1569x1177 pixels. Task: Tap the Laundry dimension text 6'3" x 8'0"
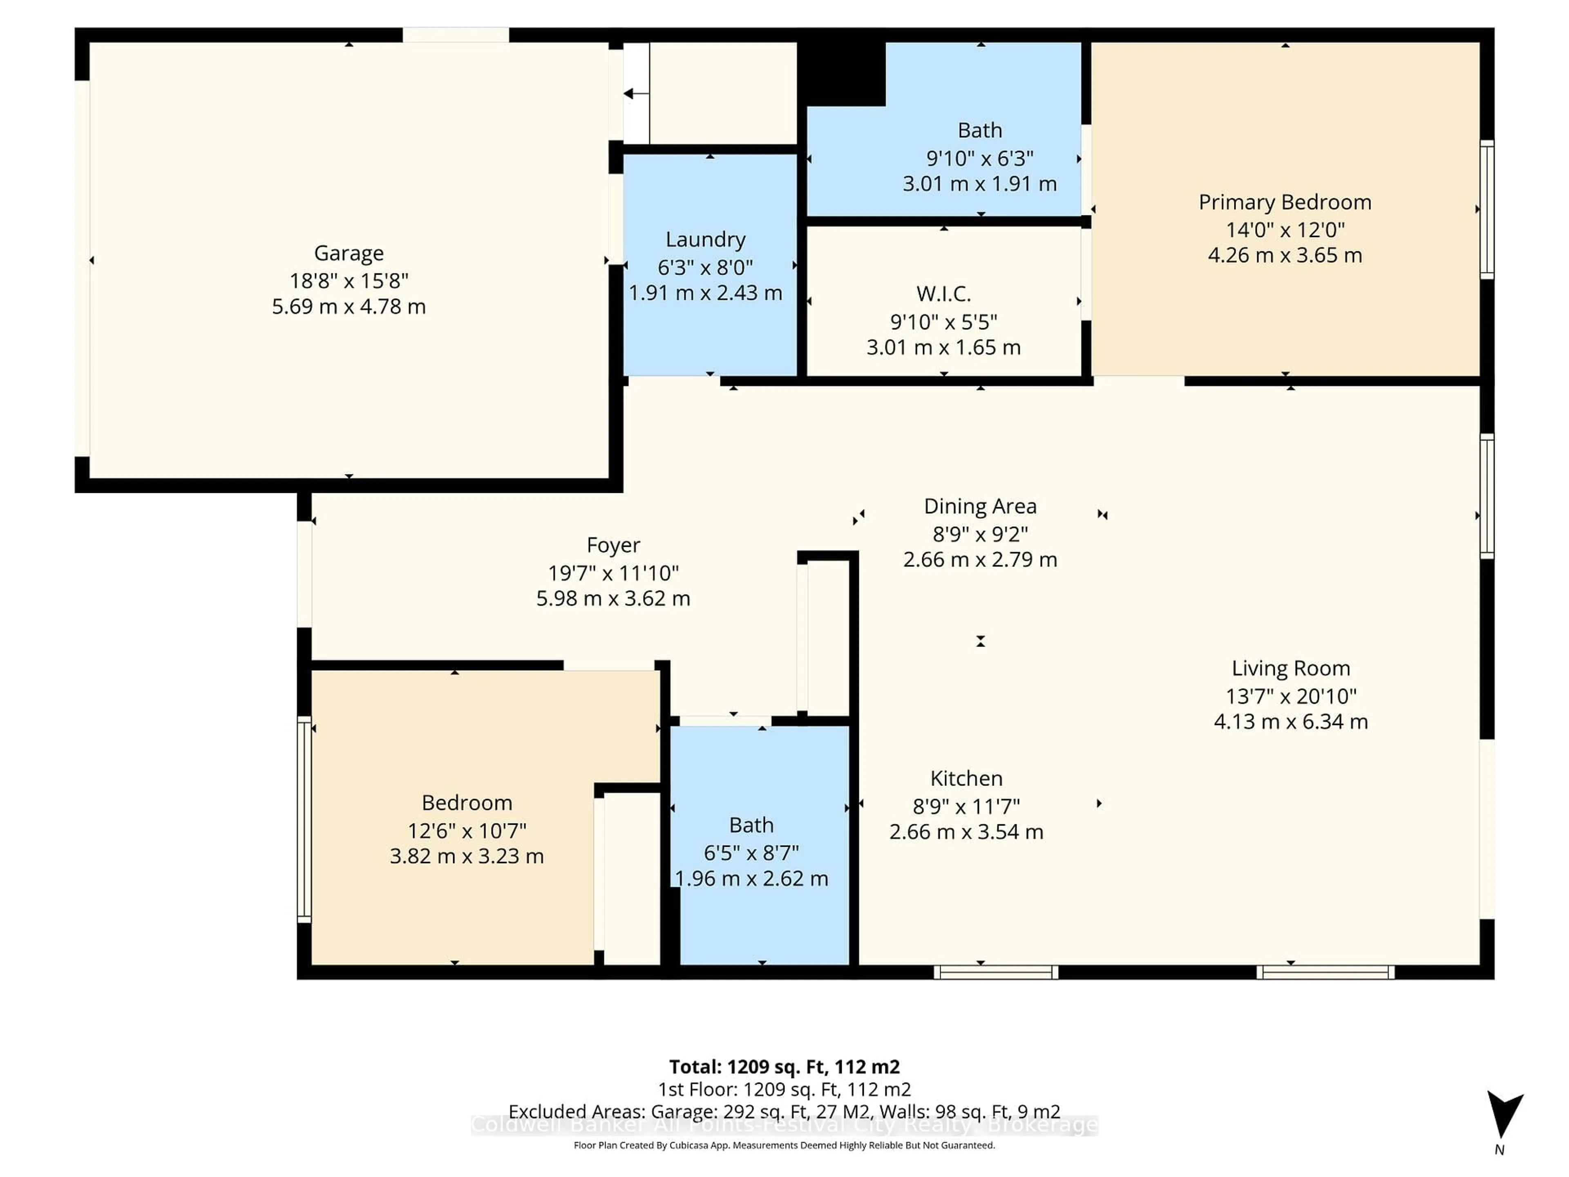point(705,267)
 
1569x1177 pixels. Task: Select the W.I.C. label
point(943,294)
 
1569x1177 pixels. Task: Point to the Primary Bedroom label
point(1285,202)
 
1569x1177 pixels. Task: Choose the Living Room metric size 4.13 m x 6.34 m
point(1290,721)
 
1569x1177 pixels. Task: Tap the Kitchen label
point(966,778)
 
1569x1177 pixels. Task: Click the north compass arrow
point(1504,1114)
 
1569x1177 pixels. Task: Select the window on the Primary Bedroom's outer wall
point(1487,209)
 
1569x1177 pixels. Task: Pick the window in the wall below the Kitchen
point(995,972)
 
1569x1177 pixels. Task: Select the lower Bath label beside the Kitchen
point(751,825)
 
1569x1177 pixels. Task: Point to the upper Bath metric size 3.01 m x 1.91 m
point(979,184)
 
